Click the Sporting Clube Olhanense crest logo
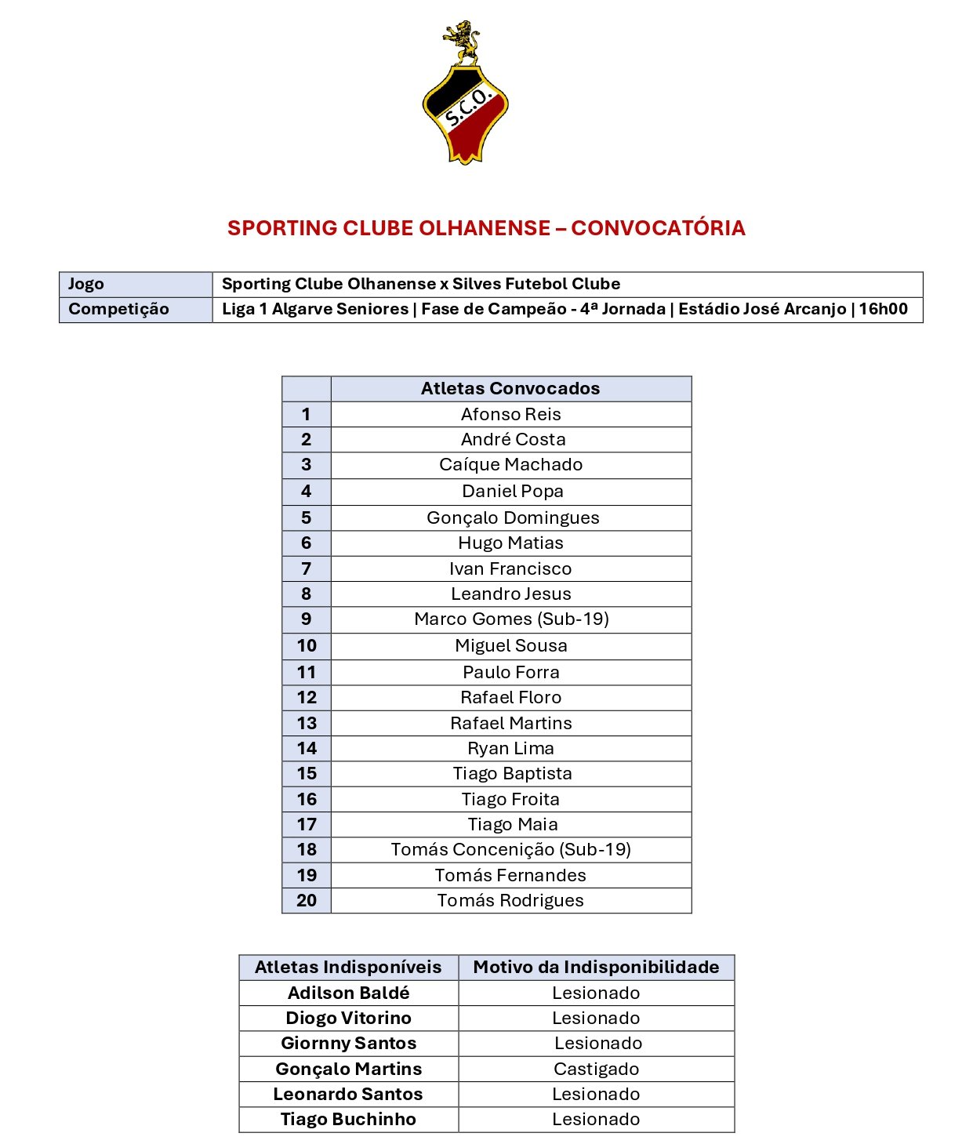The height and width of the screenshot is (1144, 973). [465, 110]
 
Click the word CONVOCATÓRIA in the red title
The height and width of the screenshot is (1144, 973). [658, 228]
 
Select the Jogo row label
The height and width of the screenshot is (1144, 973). [86, 284]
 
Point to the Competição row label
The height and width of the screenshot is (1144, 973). [118, 309]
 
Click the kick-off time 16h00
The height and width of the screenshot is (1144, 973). [883, 309]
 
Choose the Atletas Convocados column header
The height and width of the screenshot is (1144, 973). [510, 389]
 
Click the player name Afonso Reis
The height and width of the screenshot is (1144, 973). [510, 415]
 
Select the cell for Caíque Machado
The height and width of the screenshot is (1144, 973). [510, 465]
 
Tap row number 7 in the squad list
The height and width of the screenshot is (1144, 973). [307, 569]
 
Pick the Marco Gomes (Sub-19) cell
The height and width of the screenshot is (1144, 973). [511, 619]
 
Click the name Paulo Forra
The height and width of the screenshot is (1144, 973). [510, 673]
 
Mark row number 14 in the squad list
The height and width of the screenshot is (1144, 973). [307, 749]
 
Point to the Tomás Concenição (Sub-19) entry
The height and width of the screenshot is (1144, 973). [510, 850]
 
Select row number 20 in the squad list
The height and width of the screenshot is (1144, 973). [307, 901]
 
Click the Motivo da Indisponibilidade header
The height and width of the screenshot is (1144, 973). [596, 968]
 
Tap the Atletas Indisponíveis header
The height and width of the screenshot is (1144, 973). [348, 968]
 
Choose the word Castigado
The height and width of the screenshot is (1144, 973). [596, 1070]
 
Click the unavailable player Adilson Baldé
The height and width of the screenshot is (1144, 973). [348, 993]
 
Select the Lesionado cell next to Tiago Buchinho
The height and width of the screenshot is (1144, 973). [596, 1120]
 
